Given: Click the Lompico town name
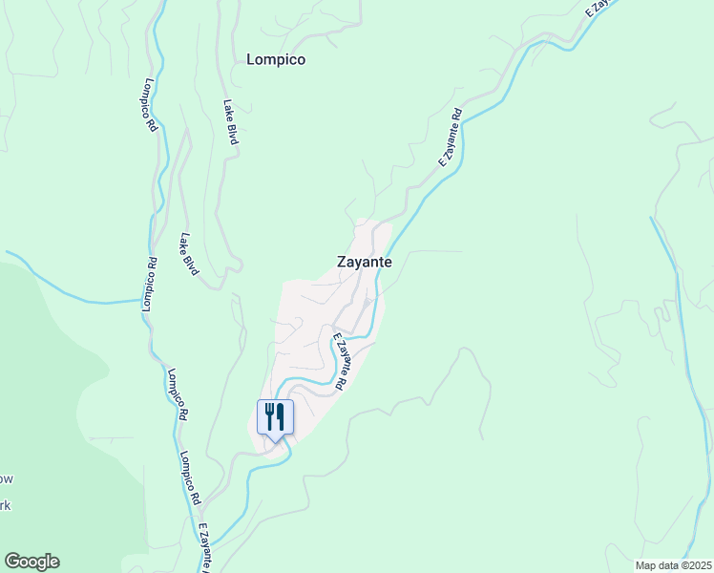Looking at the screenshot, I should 275,59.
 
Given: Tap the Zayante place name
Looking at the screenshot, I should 364,261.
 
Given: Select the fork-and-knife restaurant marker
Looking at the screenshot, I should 275,418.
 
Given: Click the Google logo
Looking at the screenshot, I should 31,562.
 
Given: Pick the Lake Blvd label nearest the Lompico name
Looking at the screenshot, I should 230,122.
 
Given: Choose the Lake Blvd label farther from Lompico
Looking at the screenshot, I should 188,254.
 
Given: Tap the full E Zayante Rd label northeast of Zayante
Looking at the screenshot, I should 450,138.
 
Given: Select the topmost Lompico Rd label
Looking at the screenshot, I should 152,105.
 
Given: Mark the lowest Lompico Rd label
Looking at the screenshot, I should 188,477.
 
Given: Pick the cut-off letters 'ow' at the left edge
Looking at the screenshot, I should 6,478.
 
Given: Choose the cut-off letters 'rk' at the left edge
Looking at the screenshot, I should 5,505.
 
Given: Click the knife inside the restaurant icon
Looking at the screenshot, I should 282,415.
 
